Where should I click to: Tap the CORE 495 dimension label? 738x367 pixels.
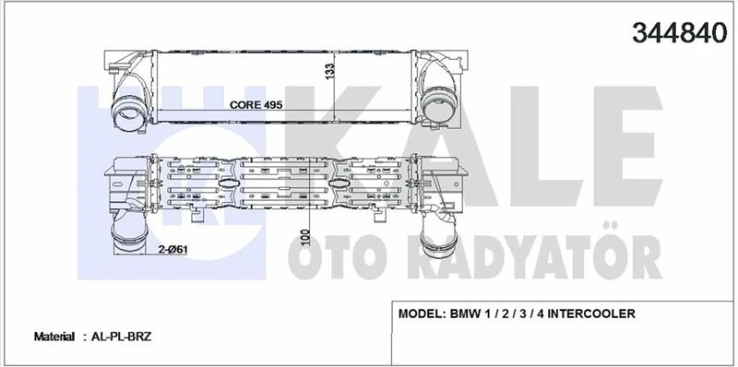coord(255,105)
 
